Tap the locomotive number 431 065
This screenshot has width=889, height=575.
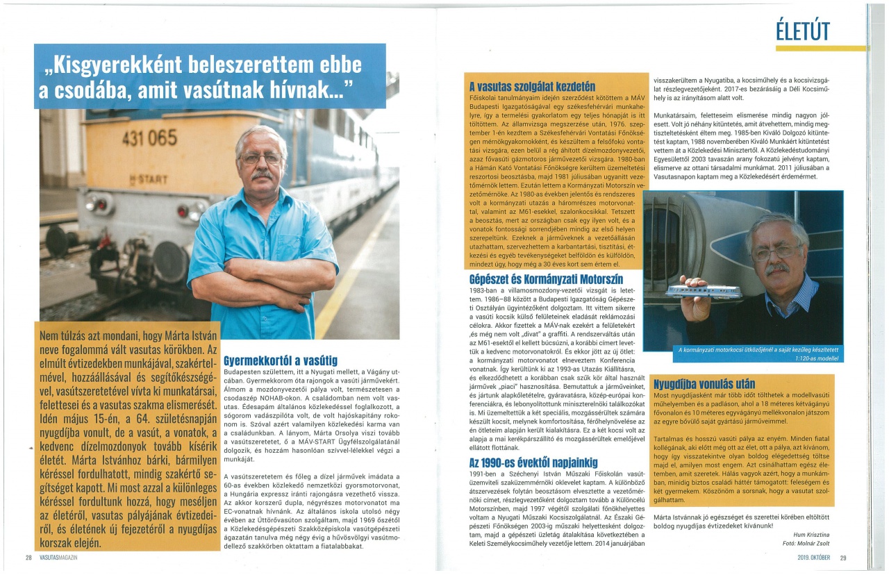(149, 137)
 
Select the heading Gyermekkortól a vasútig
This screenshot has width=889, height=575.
(281, 360)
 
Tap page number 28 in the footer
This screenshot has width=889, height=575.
(29, 558)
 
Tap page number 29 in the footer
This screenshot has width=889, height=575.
(843, 558)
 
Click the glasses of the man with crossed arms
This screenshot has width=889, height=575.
(260, 158)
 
